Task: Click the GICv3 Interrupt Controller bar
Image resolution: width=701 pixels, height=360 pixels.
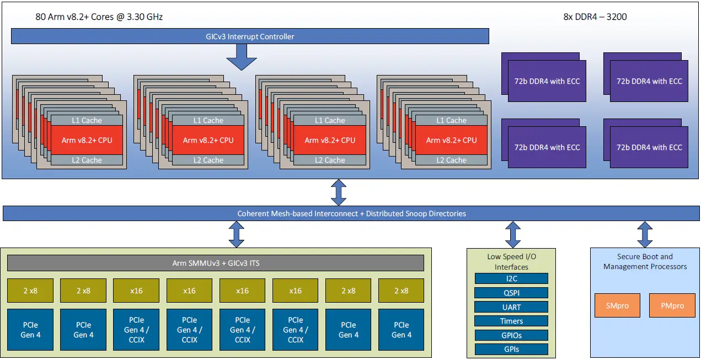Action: [249, 36]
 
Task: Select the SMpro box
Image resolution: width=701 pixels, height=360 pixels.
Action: [617, 305]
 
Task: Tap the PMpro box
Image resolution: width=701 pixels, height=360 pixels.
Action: [672, 305]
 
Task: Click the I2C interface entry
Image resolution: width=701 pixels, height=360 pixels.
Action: [511, 279]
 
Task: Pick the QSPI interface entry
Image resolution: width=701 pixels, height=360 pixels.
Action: [511, 293]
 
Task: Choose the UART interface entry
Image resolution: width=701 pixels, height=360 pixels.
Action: [511, 307]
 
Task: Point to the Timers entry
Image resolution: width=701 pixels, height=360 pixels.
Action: [511, 321]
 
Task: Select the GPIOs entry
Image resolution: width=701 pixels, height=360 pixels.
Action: [511, 335]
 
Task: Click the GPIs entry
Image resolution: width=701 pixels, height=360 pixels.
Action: [511, 349]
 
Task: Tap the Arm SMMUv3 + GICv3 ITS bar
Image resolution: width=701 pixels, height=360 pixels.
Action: [216, 263]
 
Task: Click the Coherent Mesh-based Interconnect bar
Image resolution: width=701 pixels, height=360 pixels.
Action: [351, 213]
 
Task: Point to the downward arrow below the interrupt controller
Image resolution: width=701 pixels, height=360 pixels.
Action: [242, 57]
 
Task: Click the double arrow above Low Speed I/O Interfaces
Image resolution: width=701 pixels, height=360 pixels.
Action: [513, 234]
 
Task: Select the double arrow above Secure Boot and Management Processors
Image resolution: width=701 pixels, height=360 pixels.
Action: [644, 234]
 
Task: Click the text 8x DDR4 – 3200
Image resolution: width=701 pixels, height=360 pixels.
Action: [595, 17]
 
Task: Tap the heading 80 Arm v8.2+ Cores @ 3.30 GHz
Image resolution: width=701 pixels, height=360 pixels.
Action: [99, 17]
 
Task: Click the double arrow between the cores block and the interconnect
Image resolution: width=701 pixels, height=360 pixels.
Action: [338, 192]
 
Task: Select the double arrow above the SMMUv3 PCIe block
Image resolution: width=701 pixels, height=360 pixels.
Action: [237, 234]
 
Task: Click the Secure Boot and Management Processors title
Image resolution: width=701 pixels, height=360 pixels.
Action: [645, 261]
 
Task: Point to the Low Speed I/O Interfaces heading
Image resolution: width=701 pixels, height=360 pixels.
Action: [511, 261]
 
